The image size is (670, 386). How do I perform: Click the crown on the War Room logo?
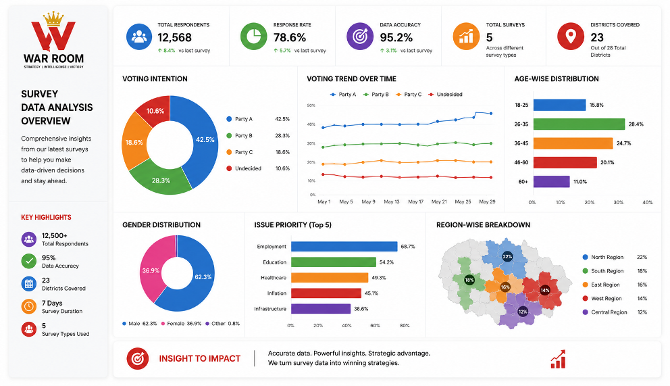[53, 18]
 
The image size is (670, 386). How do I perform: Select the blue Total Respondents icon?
[139, 37]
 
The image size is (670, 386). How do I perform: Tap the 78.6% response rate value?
[290, 38]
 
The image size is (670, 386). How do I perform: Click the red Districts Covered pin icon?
[571, 37]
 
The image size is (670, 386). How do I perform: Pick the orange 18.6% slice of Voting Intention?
[134, 142]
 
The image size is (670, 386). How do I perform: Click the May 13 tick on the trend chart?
[392, 201]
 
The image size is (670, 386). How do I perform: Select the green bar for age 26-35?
[579, 124]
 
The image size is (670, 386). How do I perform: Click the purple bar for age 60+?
[551, 182]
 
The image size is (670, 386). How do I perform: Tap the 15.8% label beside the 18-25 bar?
[596, 105]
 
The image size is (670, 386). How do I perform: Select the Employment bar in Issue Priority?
[344, 246]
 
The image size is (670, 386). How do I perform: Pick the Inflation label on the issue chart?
[277, 293]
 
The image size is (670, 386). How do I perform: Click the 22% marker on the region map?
[507, 257]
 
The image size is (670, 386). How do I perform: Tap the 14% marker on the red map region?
[545, 290]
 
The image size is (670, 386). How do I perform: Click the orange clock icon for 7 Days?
[28, 306]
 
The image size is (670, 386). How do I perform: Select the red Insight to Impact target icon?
[138, 359]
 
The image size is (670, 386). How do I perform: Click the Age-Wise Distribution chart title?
[557, 78]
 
